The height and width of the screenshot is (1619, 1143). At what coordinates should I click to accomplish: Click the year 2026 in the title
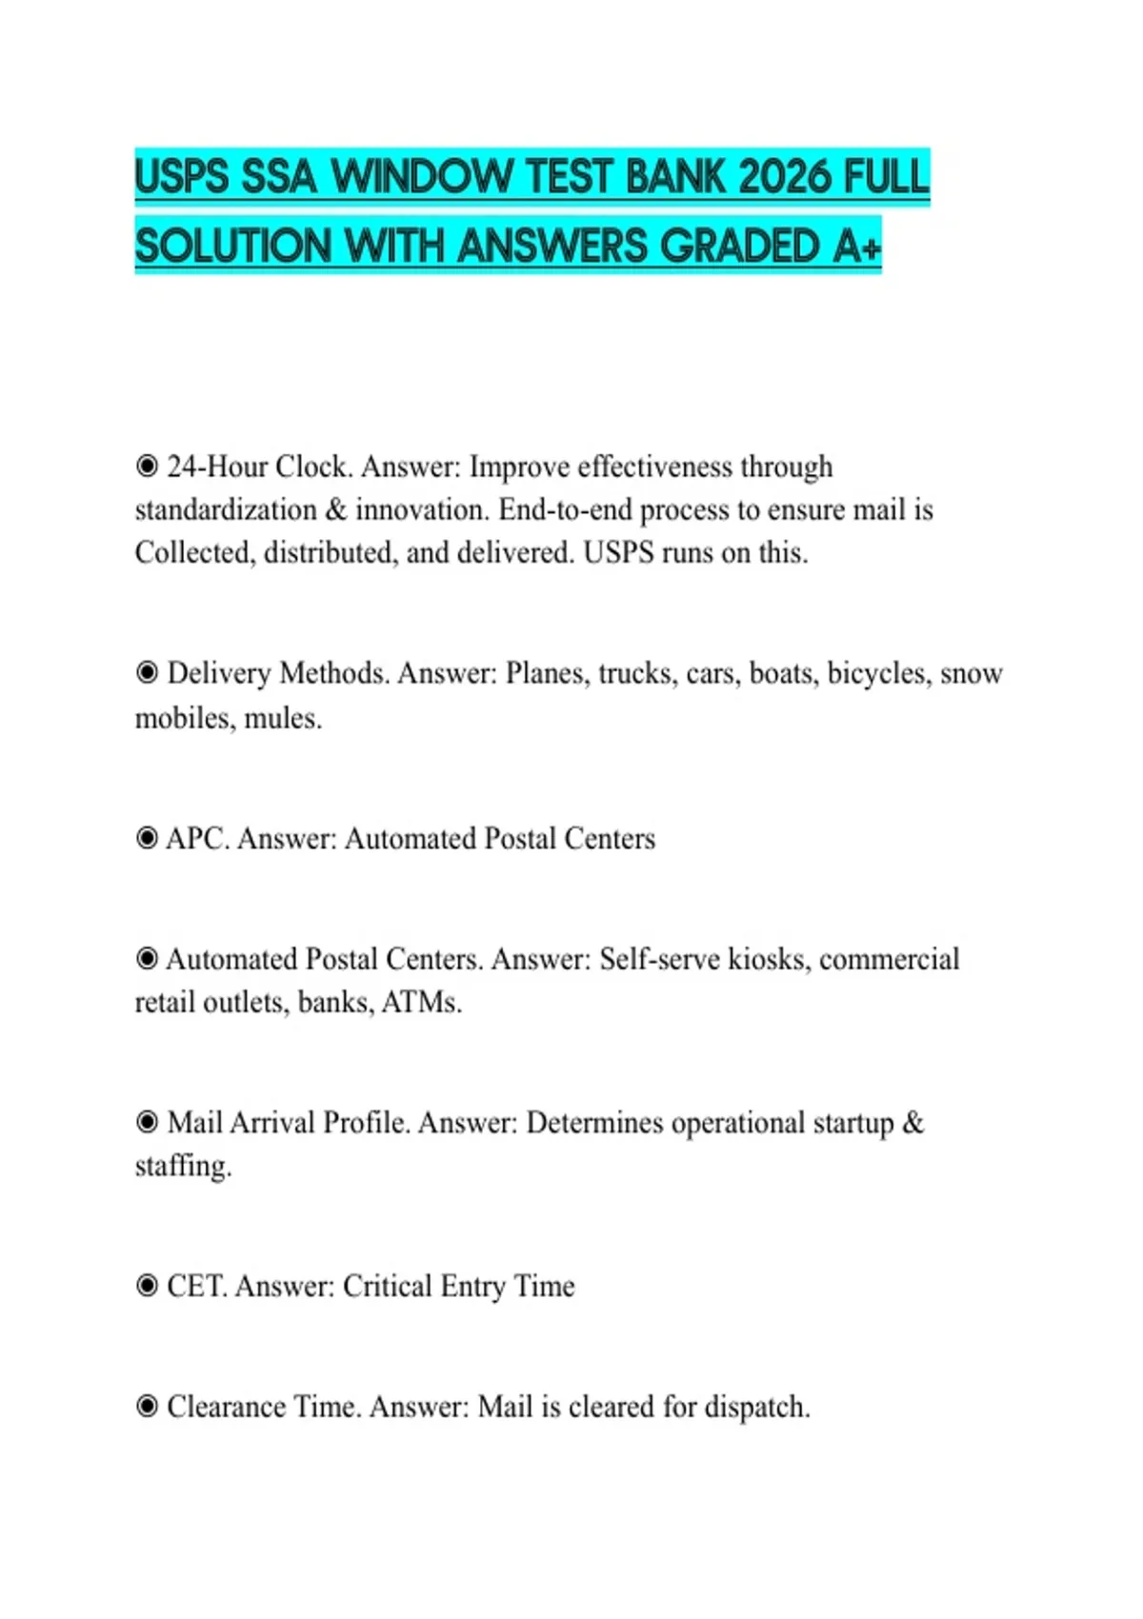click(x=785, y=177)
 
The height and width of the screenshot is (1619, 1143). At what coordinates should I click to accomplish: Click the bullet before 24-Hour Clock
click(x=147, y=467)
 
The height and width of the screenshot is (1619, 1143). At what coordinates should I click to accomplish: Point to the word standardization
click(x=226, y=510)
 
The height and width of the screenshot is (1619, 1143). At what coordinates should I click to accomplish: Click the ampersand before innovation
click(x=336, y=510)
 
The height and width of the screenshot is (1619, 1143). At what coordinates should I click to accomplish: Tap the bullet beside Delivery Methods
click(x=147, y=673)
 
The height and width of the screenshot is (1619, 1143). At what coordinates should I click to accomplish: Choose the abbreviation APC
click(x=197, y=839)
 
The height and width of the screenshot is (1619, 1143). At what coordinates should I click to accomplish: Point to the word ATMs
click(x=420, y=1003)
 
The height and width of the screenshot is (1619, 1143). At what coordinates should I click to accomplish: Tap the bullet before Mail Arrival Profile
click(x=147, y=1123)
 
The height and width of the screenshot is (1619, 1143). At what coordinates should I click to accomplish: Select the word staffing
click(x=183, y=1167)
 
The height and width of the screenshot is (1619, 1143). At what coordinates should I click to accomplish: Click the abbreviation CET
click(x=196, y=1287)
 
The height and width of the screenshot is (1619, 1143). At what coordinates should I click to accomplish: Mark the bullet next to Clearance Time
click(x=147, y=1407)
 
